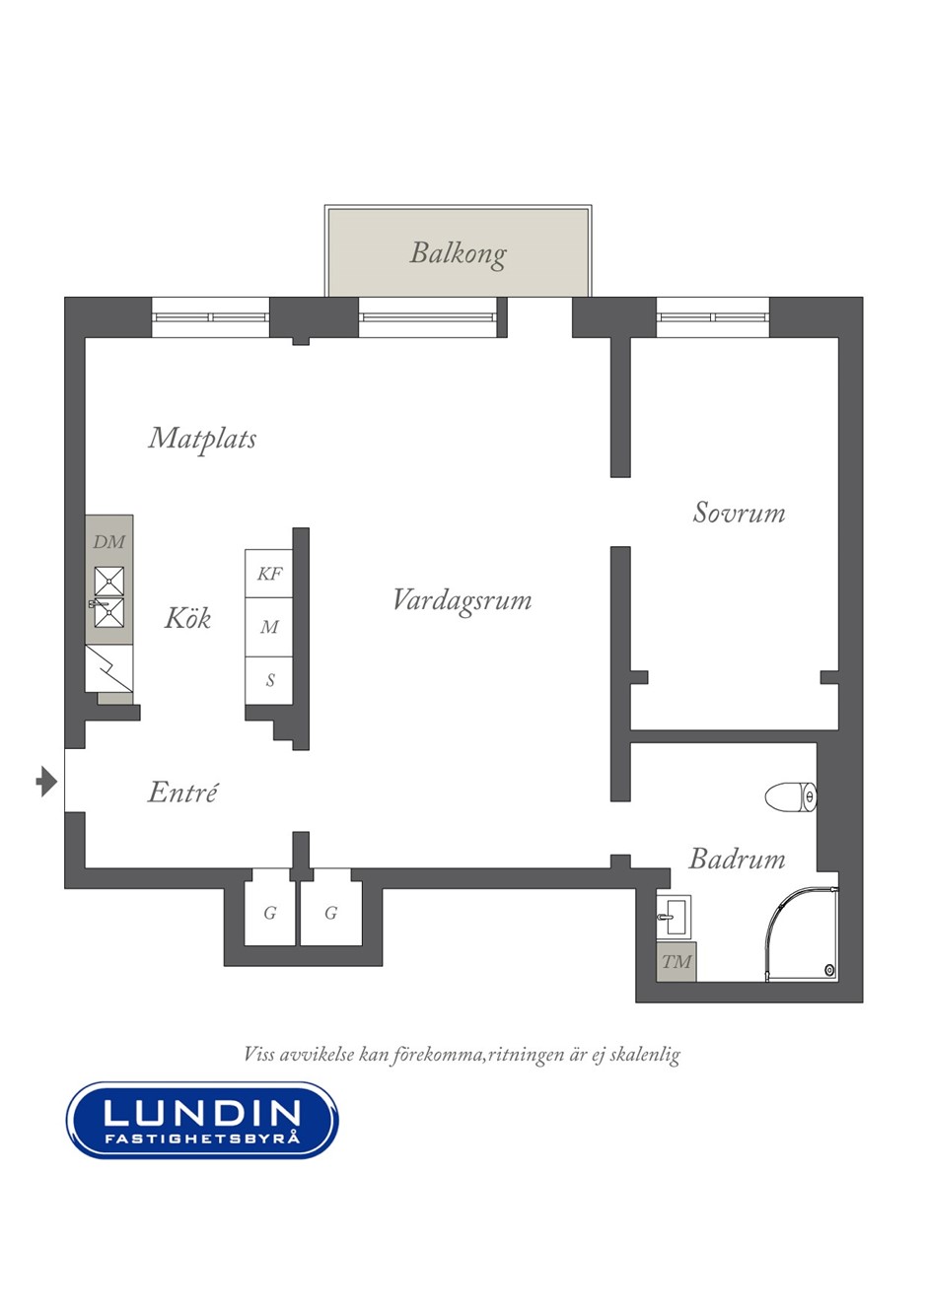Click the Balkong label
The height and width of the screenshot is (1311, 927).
click(458, 254)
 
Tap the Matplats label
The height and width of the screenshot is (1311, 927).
click(202, 439)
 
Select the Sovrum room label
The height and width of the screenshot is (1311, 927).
click(739, 513)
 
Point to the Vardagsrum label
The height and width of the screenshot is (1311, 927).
click(463, 600)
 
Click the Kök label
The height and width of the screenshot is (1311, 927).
click(187, 618)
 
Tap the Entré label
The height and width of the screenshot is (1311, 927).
click(182, 793)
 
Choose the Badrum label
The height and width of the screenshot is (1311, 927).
click(737, 860)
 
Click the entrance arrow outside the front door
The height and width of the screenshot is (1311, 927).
click(46, 781)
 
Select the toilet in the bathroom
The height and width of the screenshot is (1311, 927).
click(791, 796)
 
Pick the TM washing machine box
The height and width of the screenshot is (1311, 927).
click(677, 962)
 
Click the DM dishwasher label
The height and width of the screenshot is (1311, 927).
click(109, 542)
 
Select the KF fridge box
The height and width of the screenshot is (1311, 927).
click(269, 574)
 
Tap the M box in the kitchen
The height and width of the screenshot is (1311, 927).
click(269, 627)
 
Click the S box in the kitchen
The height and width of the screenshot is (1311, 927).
click(269, 681)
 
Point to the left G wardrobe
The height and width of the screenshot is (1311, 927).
click(270, 911)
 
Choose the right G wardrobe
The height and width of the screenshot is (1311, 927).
click(331, 911)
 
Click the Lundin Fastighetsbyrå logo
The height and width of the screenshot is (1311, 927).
click(202, 1120)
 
